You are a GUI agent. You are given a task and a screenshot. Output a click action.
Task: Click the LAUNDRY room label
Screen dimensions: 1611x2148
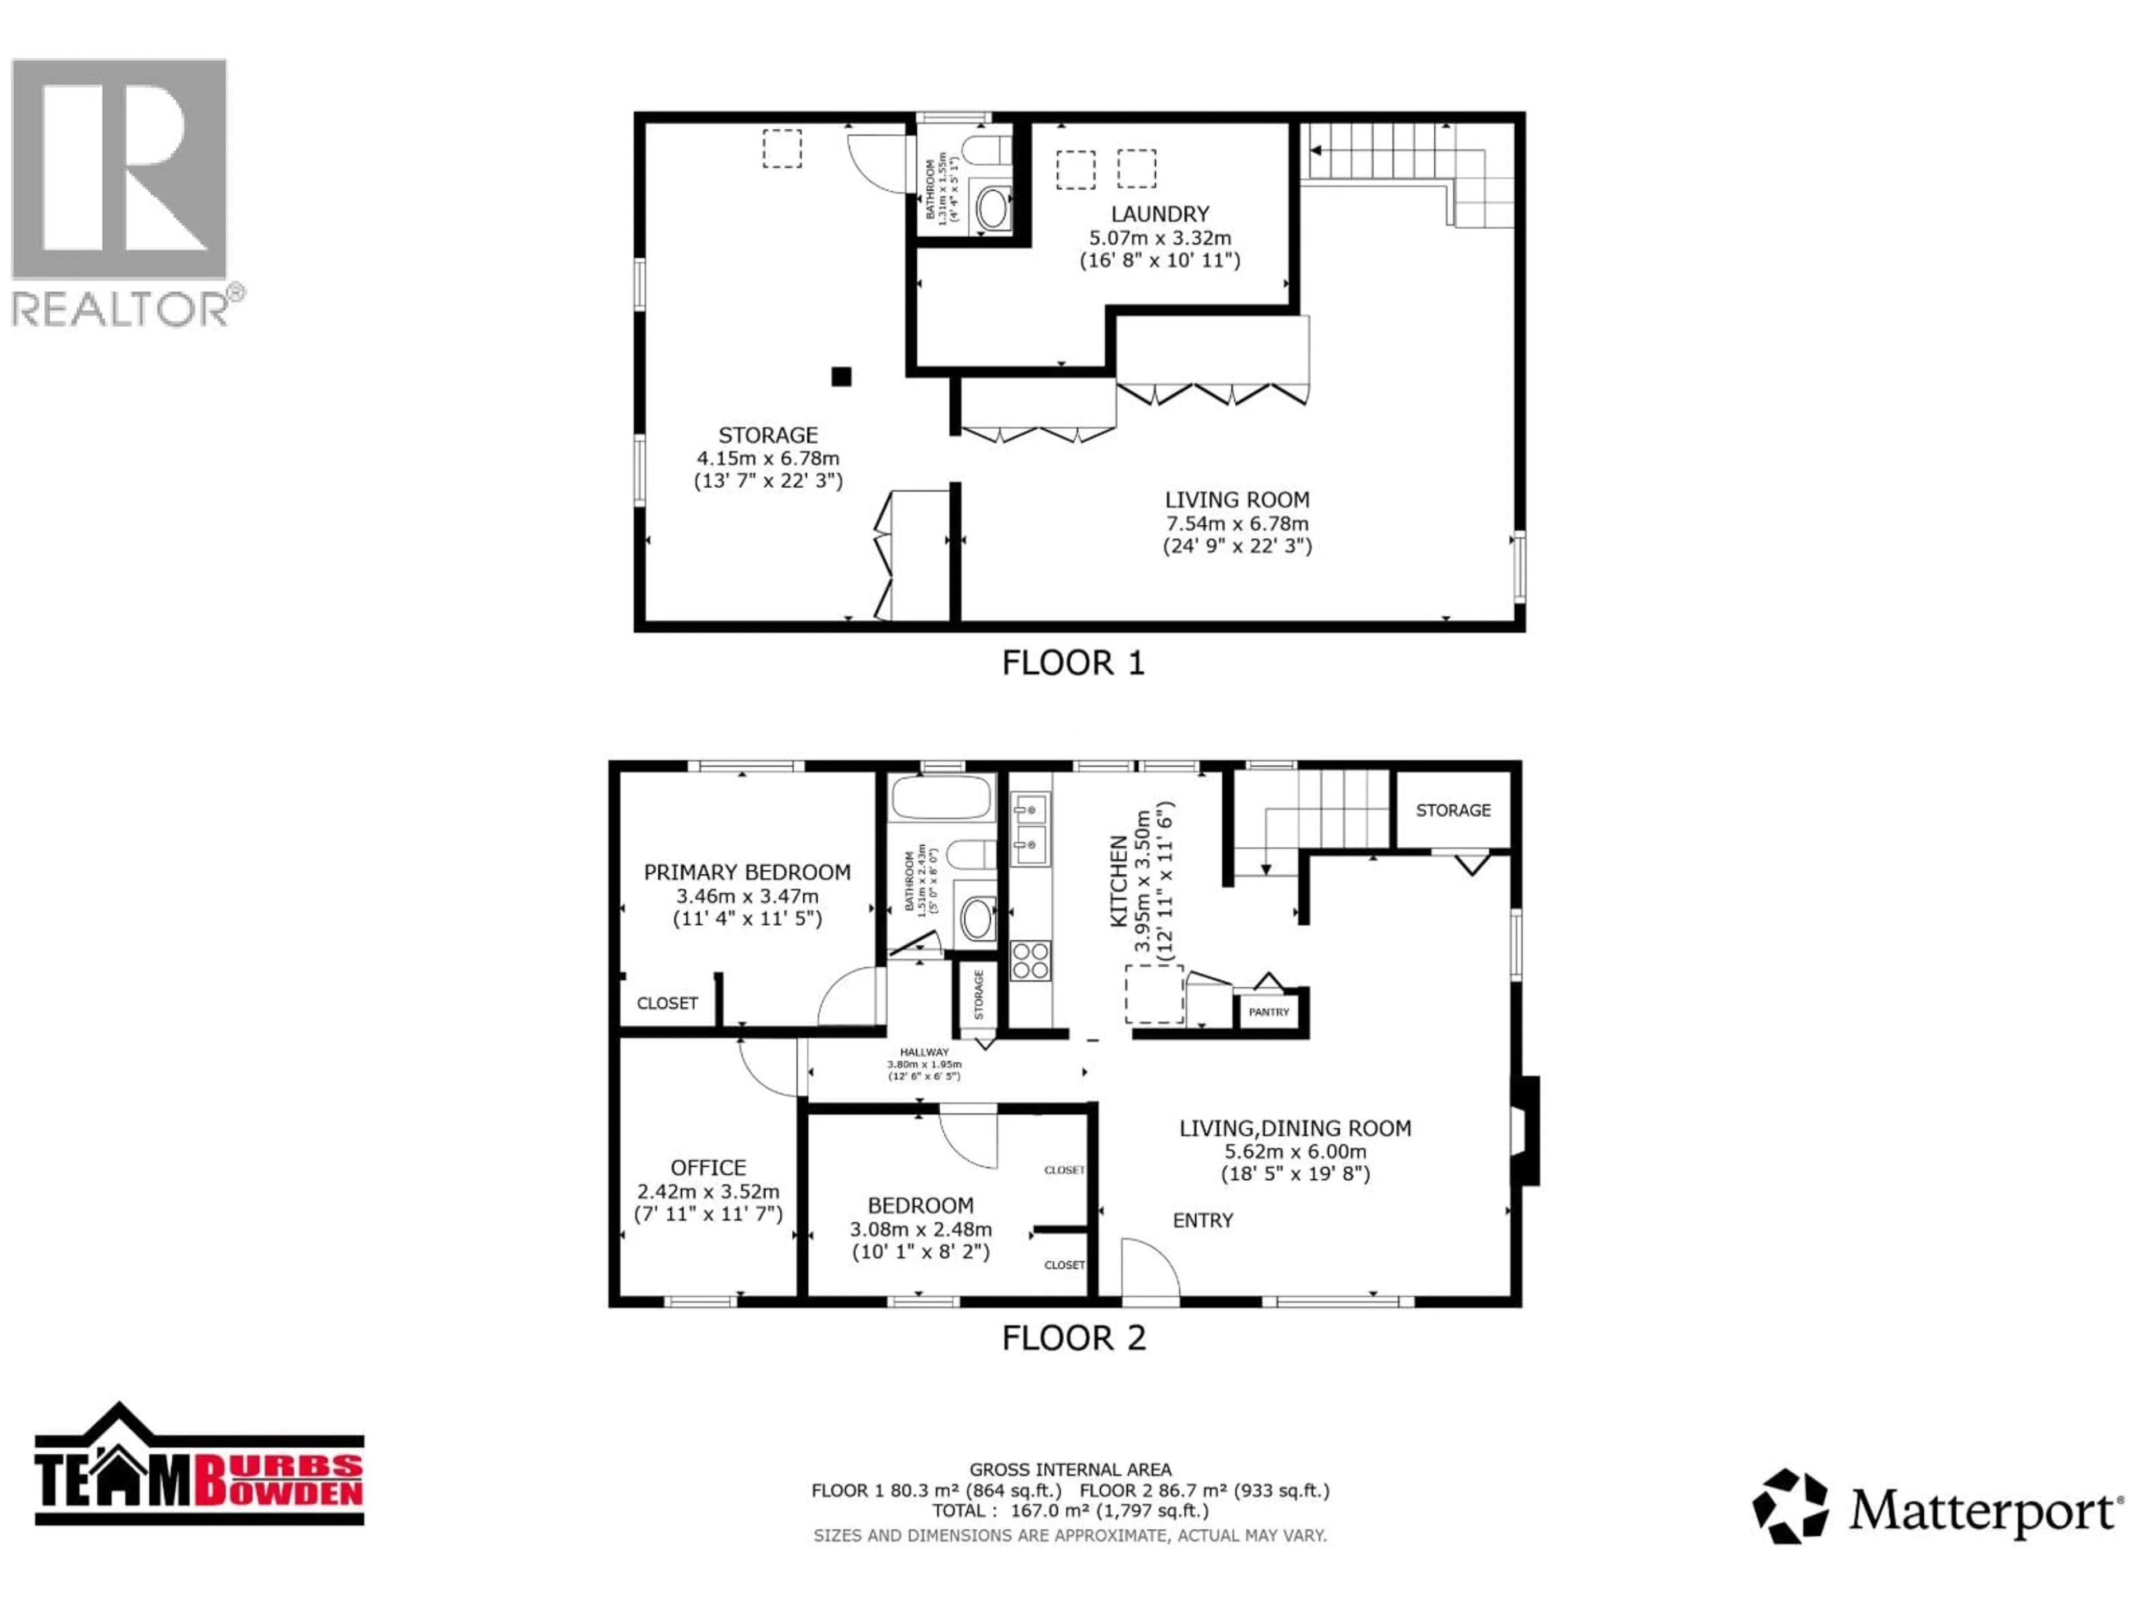(x=1160, y=214)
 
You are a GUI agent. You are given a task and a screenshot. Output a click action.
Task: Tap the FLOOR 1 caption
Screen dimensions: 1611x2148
(x=1073, y=663)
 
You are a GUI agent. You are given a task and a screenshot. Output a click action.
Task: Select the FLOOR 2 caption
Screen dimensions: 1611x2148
(x=1073, y=1338)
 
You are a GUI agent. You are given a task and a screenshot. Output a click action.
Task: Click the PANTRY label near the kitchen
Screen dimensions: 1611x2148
(x=1268, y=1012)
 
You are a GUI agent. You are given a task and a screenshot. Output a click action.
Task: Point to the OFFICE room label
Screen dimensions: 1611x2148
(x=708, y=1168)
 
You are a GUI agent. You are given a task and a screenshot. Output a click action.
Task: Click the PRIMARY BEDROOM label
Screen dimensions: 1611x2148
(x=747, y=872)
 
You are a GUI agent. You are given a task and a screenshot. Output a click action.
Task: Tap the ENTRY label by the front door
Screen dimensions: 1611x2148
(x=1202, y=1221)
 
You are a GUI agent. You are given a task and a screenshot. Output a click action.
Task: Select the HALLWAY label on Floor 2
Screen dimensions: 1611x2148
(x=924, y=1052)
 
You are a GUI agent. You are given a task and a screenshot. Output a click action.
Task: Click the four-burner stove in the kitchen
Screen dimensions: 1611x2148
(x=1030, y=960)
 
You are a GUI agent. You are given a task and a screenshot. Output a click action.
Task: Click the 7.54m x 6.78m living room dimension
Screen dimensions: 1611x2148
(x=1236, y=524)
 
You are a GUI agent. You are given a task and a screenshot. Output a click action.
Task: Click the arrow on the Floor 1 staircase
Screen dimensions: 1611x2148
(x=1317, y=150)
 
